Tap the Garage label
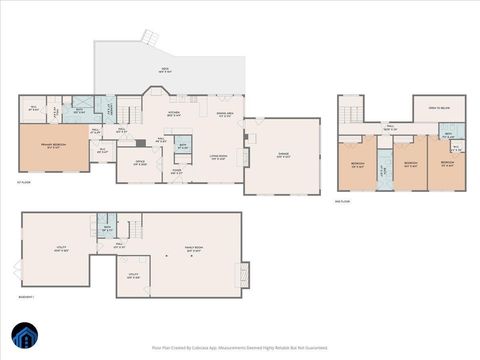click(284, 155)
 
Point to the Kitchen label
click(173, 114)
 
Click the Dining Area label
click(225, 115)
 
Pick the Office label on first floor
click(141, 162)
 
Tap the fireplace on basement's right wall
click(243, 272)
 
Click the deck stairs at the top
click(149, 37)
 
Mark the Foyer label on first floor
click(176, 171)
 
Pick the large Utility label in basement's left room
click(60, 250)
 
